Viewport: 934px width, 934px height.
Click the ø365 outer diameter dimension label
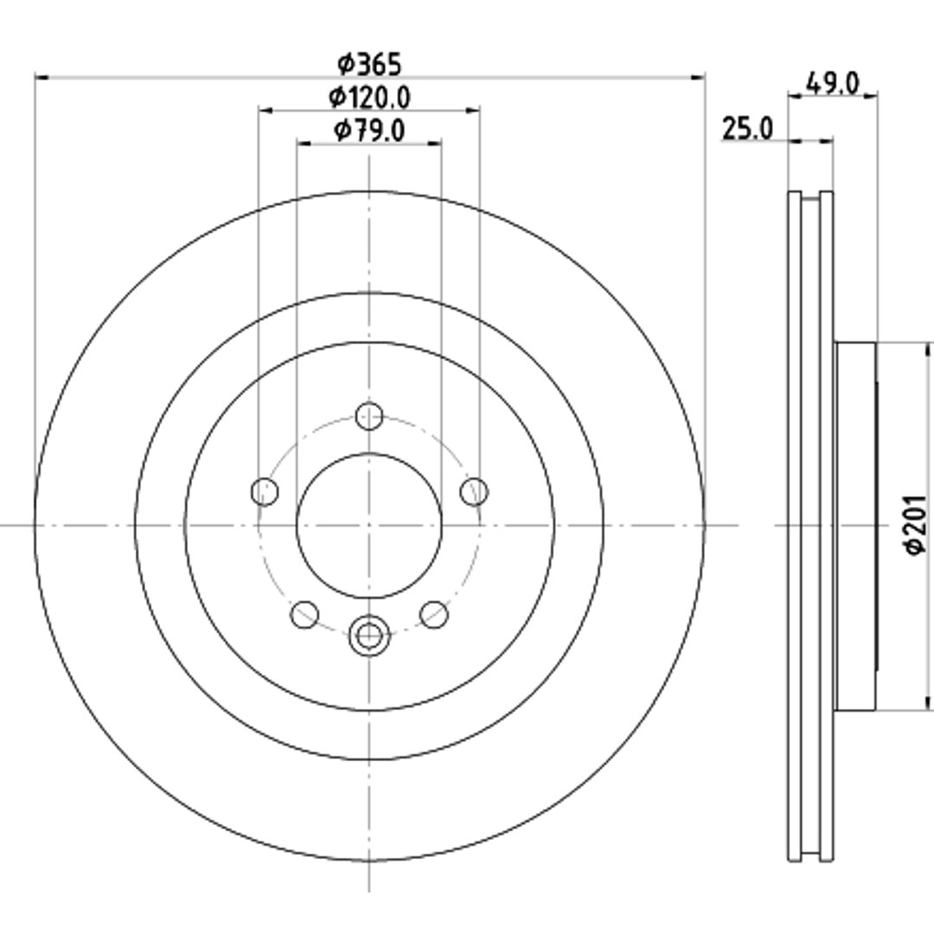[369, 64]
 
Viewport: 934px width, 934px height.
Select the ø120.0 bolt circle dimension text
[369, 97]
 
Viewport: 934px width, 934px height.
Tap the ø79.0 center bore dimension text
[369, 131]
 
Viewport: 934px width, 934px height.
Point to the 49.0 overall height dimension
[833, 83]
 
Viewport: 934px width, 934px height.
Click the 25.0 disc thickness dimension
[747, 129]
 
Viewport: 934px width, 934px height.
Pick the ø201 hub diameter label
[916, 525]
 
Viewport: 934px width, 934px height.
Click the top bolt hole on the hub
[369, 416]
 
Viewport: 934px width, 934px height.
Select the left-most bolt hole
[265, 492]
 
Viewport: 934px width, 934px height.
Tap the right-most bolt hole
[474, 492]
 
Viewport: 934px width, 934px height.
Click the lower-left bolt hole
[304, 614]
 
